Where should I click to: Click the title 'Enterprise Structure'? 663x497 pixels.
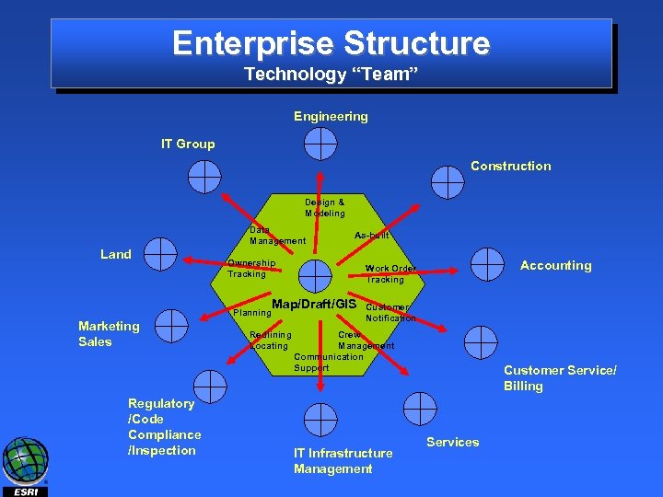coord(331,43)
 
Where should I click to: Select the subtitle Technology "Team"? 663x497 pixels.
coord(331,74)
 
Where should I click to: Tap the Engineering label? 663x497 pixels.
coord(331,116)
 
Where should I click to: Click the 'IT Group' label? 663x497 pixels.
coord(188,144)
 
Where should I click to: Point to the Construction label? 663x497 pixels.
coord(510,166)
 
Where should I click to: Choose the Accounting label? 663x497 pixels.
coord(555,265)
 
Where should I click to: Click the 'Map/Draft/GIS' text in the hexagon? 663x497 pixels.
coord(314,305)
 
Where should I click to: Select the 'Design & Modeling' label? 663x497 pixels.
coord(325,207)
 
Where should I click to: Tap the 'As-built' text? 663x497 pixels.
coord(372,236)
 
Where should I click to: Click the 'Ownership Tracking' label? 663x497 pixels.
coord(251,268)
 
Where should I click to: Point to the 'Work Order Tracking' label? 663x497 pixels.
coord(390,273)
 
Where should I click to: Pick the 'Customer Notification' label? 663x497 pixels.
coord(390,312)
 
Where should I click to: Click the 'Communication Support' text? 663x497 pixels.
coord(329,362)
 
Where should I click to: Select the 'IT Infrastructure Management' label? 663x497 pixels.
coord(343,460)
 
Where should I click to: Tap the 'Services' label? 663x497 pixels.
coord(452,442)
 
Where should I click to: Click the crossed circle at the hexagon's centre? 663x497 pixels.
coord(316,273)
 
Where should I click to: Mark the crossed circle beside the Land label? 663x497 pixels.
coord(160,254)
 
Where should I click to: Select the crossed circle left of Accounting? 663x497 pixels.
coord(487,264)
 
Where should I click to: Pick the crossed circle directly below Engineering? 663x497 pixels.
coord(320,143)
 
